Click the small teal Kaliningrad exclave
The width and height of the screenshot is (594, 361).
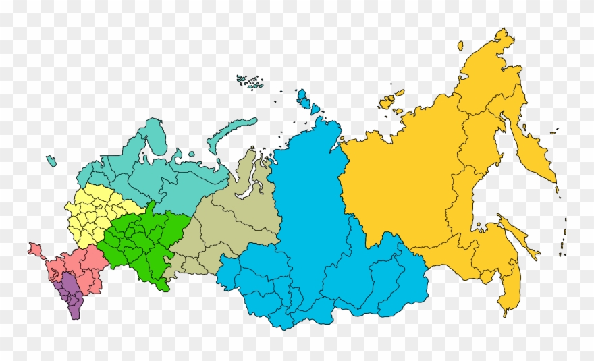(x=51, y=161)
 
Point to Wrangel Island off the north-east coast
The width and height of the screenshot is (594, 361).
(x=460, y=46)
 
